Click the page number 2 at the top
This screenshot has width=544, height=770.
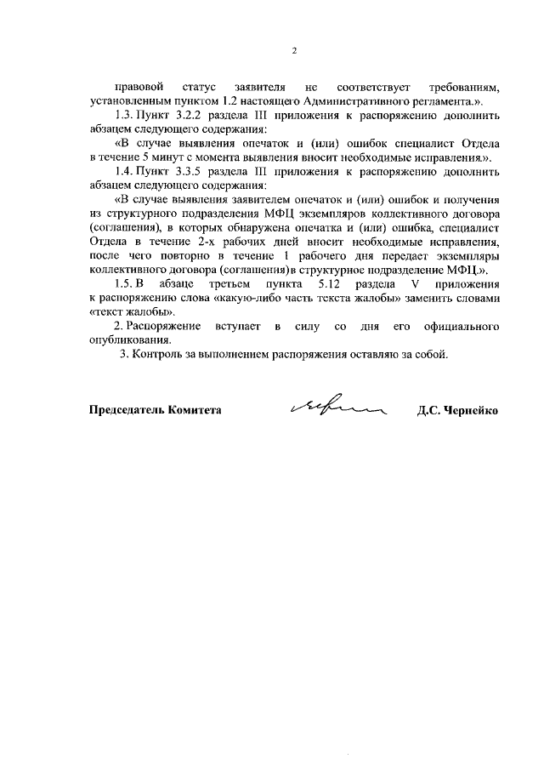(x=293, y=50)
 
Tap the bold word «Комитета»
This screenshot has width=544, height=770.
(x=195, y=409)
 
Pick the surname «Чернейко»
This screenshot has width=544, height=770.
(x=471, y=409)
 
